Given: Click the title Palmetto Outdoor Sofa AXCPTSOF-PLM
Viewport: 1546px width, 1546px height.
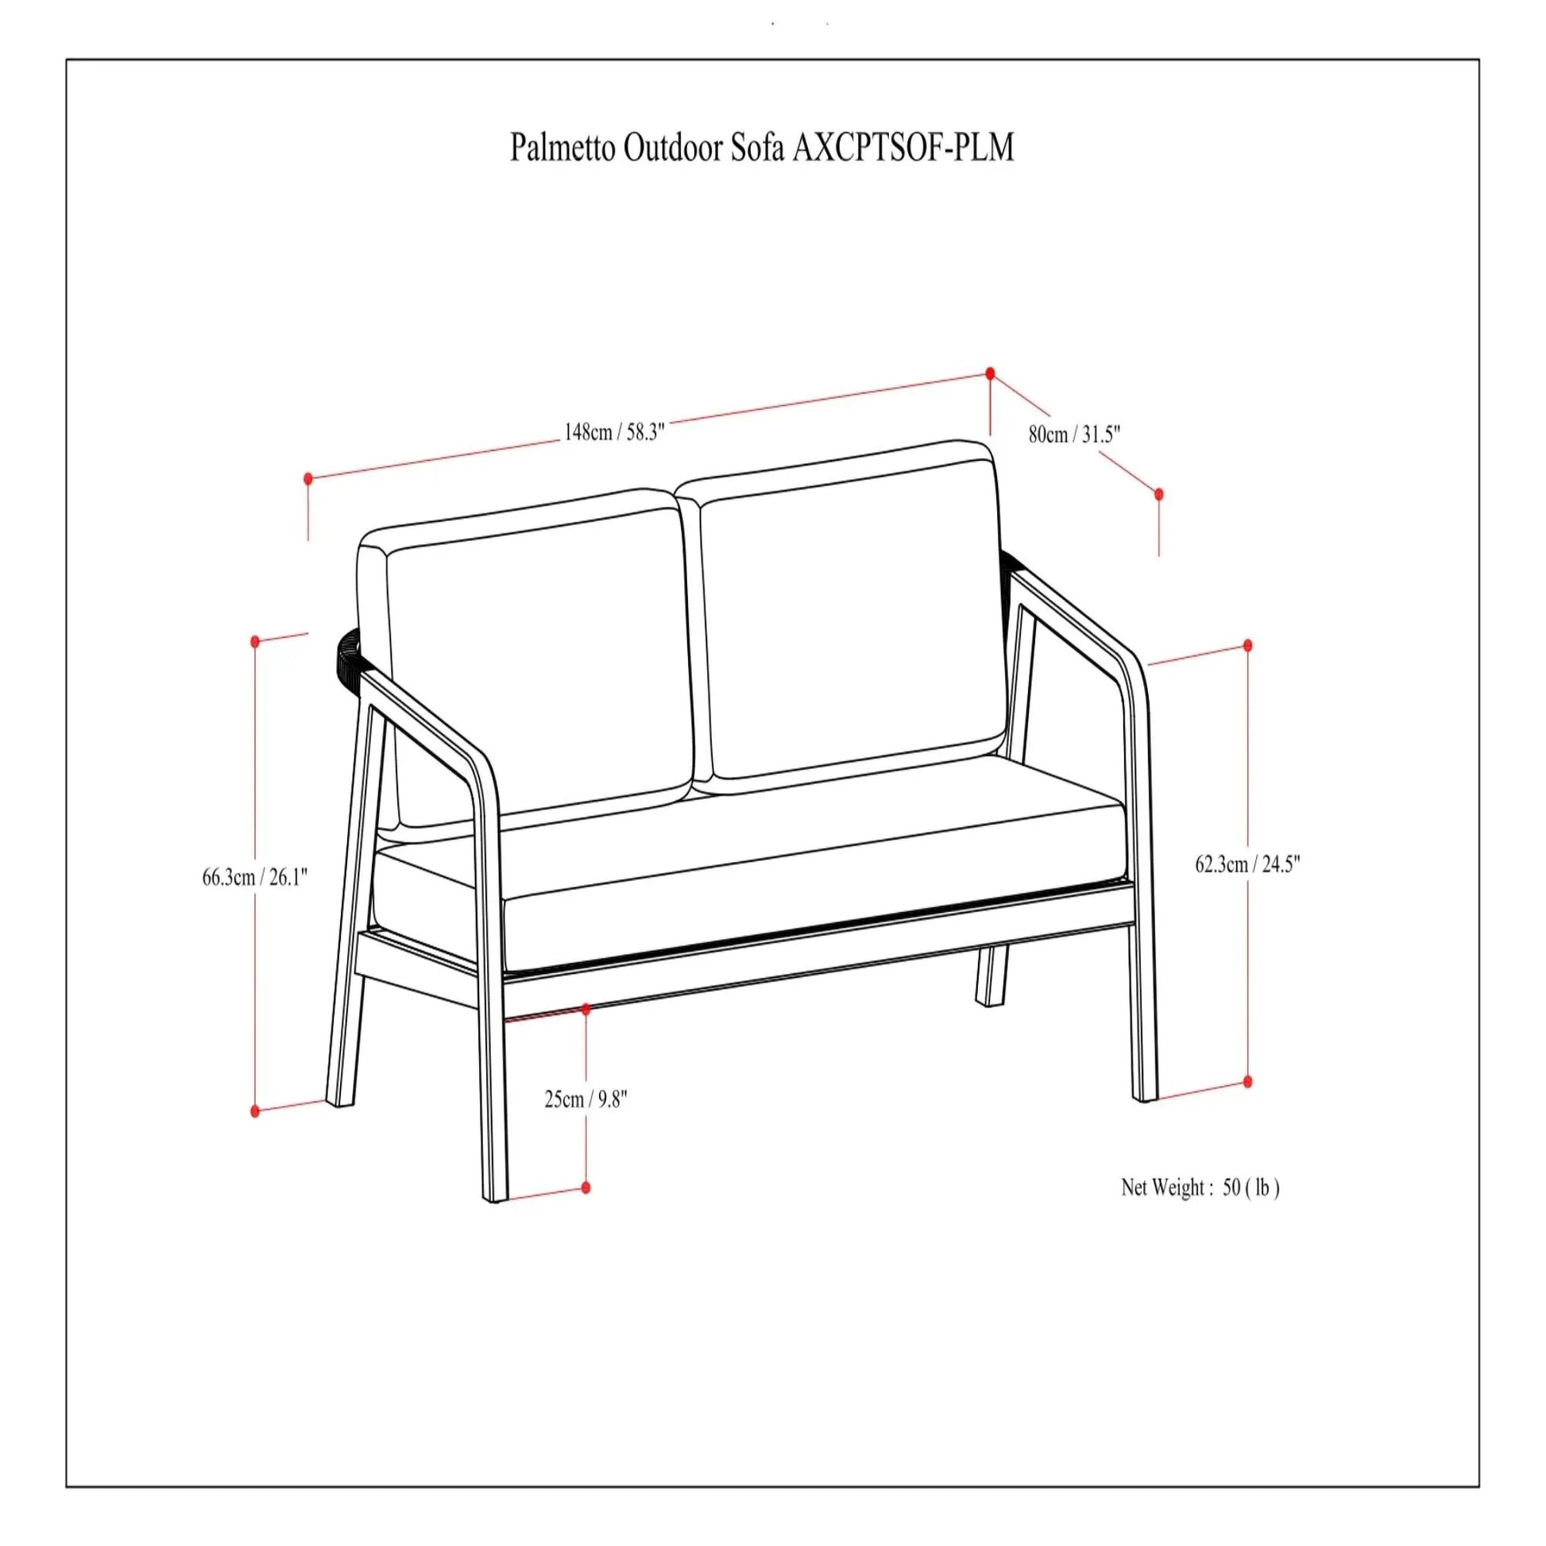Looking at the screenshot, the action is [762, 148].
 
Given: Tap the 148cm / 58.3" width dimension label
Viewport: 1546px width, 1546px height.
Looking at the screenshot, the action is [615, 432].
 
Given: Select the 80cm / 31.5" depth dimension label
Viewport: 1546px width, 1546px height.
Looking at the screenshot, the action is [1074, 435].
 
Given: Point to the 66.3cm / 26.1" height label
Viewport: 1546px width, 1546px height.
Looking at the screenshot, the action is [254, 877].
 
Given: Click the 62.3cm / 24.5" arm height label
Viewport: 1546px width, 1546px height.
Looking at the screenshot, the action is [1247, 864].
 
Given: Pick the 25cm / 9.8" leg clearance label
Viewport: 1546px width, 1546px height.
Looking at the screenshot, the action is [586, 1100].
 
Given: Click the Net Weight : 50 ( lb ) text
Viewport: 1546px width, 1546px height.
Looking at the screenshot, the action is [1200, 1209].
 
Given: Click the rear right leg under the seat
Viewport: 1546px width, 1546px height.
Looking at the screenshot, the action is [991, 976].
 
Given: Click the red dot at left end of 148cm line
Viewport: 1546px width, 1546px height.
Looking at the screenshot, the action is [308, 478].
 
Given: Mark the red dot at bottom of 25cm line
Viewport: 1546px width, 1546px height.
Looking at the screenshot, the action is [586, 1188].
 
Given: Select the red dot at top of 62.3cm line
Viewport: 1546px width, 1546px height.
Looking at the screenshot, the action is [1247, 645].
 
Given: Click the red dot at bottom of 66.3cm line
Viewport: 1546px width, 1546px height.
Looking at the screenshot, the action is [255, 1111].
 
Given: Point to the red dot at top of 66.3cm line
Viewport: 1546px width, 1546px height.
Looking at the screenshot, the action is [255, 641].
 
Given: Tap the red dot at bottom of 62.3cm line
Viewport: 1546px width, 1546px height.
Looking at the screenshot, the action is [1247, 1082].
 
